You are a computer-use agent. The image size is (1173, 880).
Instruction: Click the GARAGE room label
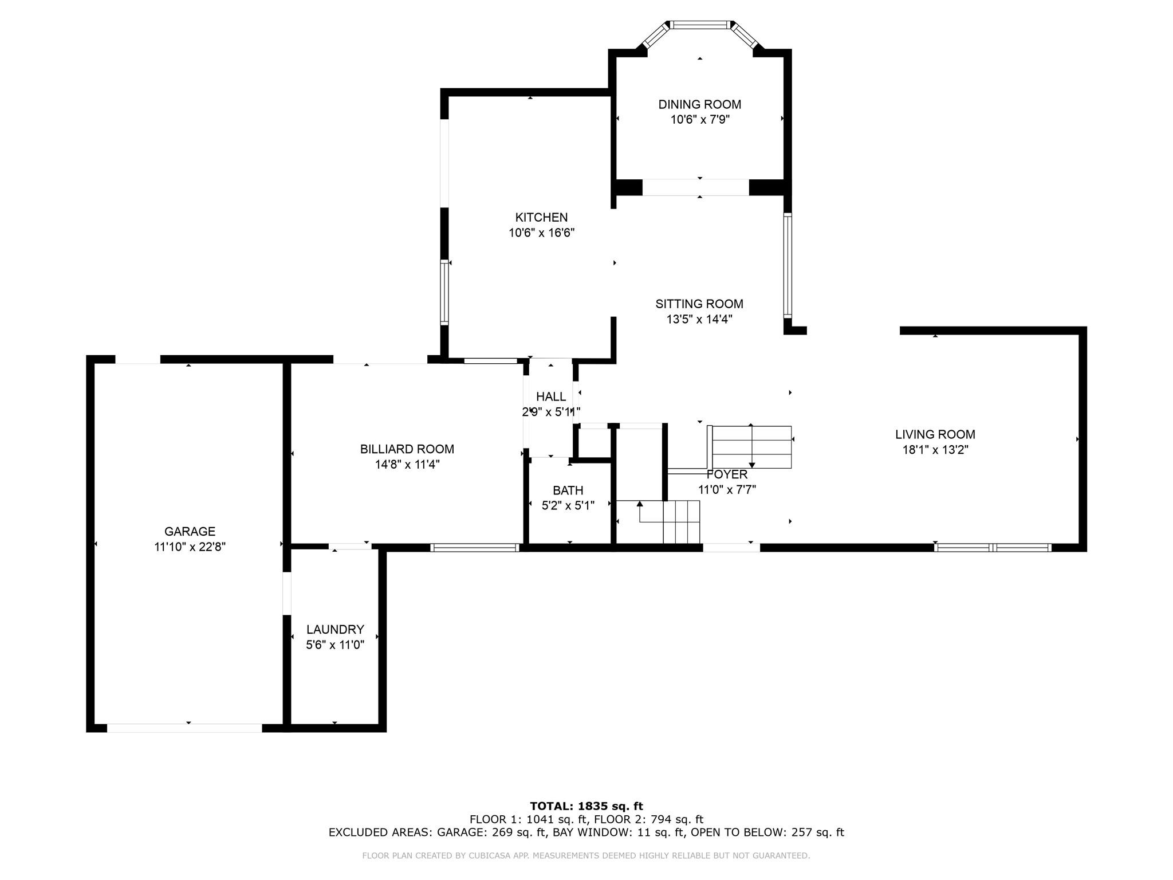pos(190,531)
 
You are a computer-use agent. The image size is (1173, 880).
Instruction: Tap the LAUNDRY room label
pos(335,630)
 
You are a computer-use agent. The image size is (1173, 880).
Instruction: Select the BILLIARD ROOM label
pos(407,449)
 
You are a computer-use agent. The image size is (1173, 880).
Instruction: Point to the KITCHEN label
pos(541,217)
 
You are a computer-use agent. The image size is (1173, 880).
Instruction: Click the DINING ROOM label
pos(700,104)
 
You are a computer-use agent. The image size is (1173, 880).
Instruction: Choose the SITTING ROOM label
pos(699,304)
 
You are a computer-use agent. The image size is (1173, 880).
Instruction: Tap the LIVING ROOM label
pos(935,434)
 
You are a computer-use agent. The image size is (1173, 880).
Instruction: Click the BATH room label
pos(568,490)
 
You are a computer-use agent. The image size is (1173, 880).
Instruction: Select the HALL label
pos(551,396)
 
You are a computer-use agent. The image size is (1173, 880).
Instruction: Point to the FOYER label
pos(727,474)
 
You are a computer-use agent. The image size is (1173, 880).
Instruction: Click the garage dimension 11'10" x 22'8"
pos(190,547)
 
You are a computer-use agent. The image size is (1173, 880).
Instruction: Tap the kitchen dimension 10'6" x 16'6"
pos(541,233)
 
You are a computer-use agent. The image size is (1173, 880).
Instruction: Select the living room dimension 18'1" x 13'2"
pos(935,450)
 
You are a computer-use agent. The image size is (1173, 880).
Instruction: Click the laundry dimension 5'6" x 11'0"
pos(335,645)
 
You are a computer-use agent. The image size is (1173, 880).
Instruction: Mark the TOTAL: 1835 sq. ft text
pos(586,806)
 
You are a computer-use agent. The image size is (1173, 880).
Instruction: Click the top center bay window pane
pos(700,25)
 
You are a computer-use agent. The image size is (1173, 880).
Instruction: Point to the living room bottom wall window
pos(993,547)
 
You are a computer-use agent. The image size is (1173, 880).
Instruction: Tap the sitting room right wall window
pos(788,265)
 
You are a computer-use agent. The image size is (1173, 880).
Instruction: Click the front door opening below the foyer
pos(731,547)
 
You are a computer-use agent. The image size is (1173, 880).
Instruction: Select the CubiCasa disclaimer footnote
pos(586,855)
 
